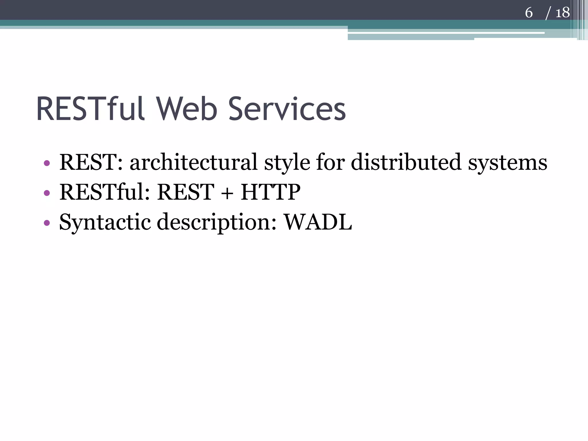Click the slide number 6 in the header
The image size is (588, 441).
tap(529, 13)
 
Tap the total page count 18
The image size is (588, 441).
tap(562, 13)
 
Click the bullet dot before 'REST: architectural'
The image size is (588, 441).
tap(47, 163)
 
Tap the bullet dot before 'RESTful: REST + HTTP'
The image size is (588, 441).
tap(47, 193)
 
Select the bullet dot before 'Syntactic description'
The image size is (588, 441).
tap(47, 223)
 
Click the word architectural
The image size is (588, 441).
tap(194, 163)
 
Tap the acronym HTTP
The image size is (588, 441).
tap(270, 192)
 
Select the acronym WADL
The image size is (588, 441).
tap(318, 222)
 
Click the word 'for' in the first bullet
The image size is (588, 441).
tap(330, 163)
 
